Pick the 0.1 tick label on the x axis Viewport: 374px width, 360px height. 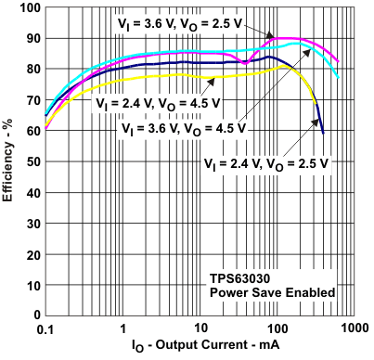[x=45, y=328]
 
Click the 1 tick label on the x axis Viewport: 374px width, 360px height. [x=123, y=328]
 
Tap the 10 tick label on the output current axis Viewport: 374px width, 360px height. [x=200, y=328]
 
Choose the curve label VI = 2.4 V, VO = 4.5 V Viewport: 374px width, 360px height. [x=158, y=103]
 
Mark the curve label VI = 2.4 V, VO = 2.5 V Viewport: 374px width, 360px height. [x=266, y=161]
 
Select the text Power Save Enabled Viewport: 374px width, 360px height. [x=270, y=292]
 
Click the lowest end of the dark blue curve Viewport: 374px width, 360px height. [x=323, y=133]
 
